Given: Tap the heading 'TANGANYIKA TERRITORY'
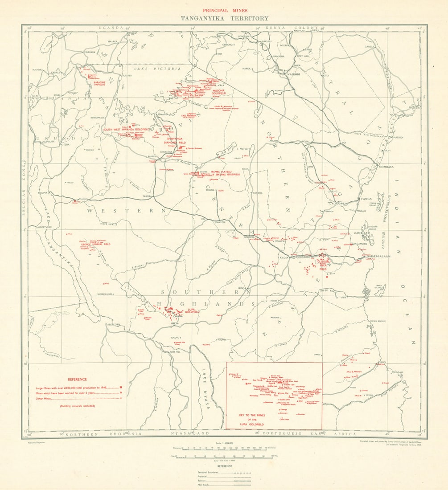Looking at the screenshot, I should (224, 18).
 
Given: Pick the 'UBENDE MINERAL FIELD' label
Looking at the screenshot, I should (95, 244).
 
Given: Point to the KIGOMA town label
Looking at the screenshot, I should (43, 192).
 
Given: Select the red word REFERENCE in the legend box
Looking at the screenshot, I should (77, 379).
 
